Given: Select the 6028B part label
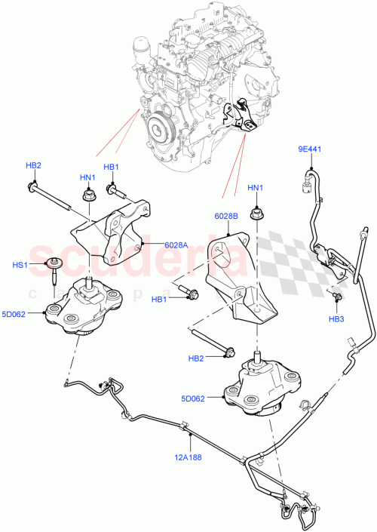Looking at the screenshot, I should coord(227,216).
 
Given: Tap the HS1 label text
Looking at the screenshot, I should coord(40,264).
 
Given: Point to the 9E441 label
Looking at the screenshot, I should coord(308,149).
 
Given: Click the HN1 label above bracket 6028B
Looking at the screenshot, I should coord(256,188).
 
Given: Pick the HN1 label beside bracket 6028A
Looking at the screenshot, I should coord(87,177).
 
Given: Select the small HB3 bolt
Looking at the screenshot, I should coord(336,299).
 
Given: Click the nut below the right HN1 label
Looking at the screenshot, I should coord(256,214).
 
